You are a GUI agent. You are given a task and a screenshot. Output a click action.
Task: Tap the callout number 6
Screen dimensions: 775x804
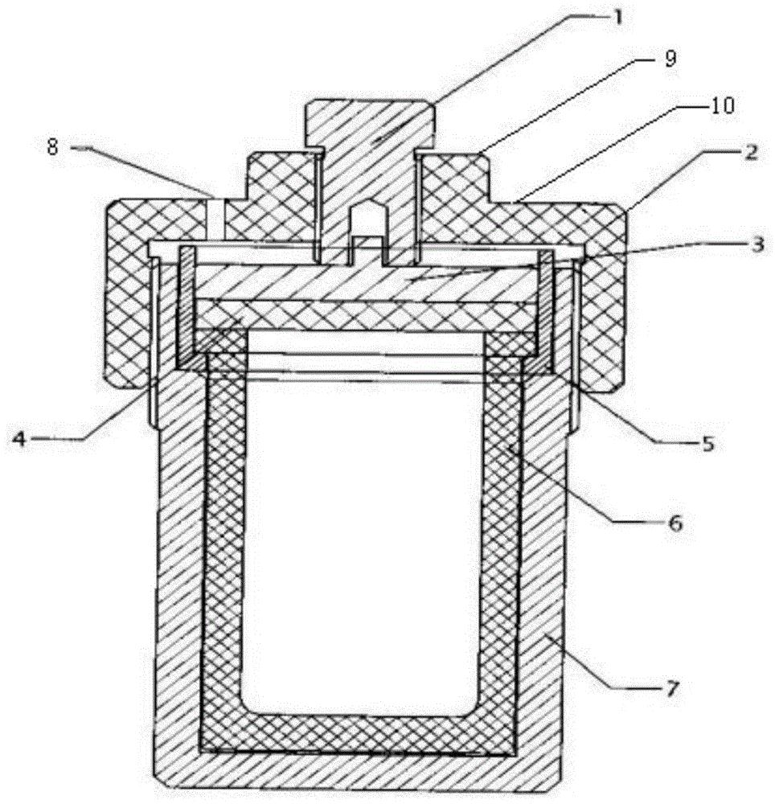[676, 523]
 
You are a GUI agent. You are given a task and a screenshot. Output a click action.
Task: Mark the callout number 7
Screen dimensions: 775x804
[672, 689]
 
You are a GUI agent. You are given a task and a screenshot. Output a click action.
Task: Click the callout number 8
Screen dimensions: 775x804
[53, 147]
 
